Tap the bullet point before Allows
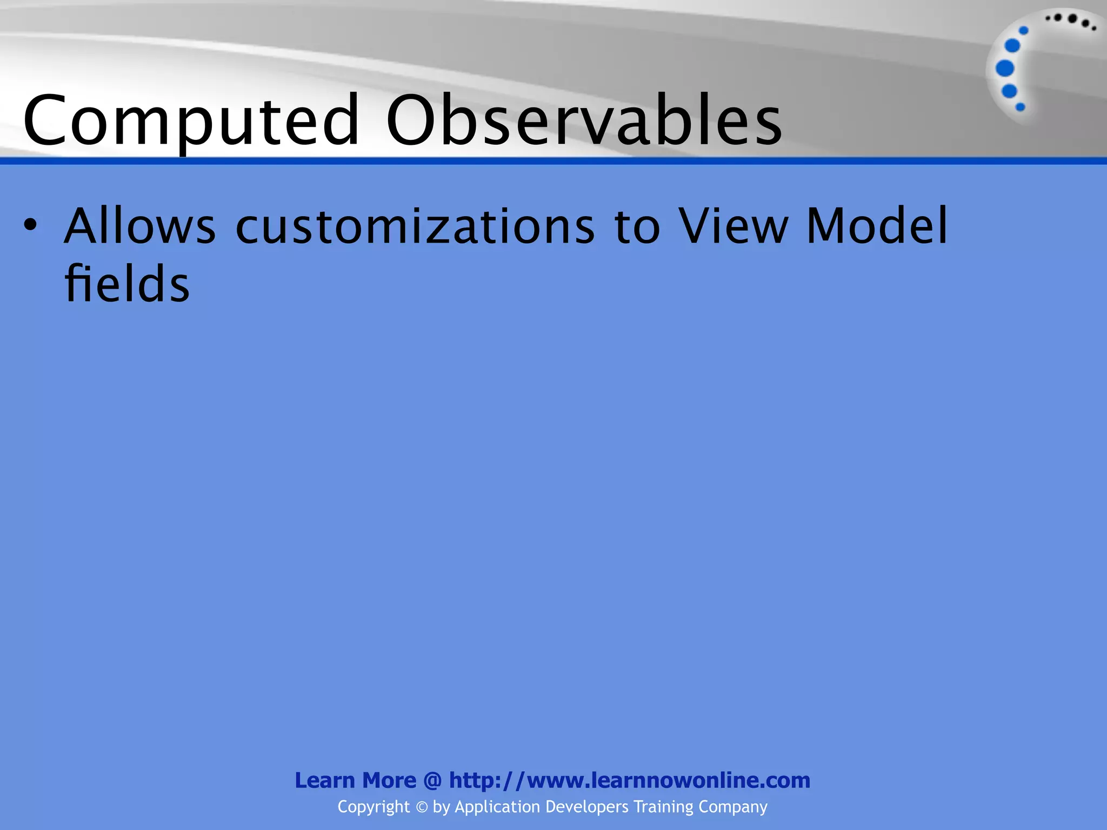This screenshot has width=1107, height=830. click(x=30, y=225)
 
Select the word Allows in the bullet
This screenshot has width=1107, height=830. click(x=139, y=226)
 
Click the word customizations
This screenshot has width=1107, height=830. click(x=415, y=226)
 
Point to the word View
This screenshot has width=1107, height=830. click(x=733, y=226)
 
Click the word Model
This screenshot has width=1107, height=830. click(x=877, y=226)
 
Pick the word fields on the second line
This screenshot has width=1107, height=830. click(x=127, y=284)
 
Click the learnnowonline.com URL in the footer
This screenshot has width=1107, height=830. click(x=629, y=780)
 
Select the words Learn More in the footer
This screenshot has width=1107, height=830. click(x=355, y=780)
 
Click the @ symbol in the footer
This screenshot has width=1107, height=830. click(x=432, y=781)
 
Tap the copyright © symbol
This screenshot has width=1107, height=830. click(x=422, y=807)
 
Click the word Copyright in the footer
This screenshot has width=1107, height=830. click(x=374, y=807)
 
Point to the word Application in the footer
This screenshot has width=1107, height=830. click(x=497, y=807)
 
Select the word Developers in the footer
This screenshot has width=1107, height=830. click(x=587, y=807)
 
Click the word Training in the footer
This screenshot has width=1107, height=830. click(x=663, y=807)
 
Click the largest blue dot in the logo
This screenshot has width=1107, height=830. click(x=1005, y=69)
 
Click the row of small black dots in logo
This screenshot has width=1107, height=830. click(x=1070, y=21)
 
